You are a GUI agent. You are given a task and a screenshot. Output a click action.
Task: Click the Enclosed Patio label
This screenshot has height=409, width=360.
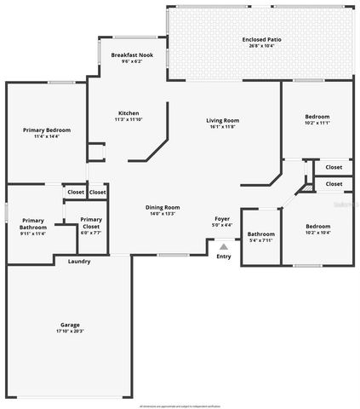(261, 38)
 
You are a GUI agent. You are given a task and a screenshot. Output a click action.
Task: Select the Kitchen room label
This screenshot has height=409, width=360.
(129, 112)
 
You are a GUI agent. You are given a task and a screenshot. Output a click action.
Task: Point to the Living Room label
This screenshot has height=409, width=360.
(223, 120)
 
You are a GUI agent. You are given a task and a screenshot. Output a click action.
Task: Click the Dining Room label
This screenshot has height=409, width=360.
(163, 207)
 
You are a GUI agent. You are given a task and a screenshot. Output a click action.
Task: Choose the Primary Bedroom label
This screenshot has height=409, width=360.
(46, 130)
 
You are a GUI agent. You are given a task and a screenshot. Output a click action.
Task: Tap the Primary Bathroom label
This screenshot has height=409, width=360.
(33, 223)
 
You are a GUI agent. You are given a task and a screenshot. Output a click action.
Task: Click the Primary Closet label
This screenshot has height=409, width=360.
(91, 222)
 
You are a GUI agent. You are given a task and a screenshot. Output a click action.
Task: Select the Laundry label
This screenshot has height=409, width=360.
(79, 261)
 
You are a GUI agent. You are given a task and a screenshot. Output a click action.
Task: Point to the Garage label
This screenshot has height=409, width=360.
(70, 325)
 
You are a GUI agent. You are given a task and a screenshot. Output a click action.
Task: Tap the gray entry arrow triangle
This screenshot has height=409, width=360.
(224, 246)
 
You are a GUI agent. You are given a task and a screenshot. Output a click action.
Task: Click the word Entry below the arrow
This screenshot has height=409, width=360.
(224, 256)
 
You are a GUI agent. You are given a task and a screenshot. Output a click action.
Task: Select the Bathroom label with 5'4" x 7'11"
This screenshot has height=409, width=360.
(260, 233)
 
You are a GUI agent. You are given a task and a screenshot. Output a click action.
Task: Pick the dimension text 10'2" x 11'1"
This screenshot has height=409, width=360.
(317, 122)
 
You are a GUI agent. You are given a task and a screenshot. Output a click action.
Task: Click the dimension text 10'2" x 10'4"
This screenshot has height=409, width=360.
(317, 232)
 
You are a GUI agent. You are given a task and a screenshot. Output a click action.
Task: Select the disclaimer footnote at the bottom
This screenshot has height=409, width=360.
(180, 406)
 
